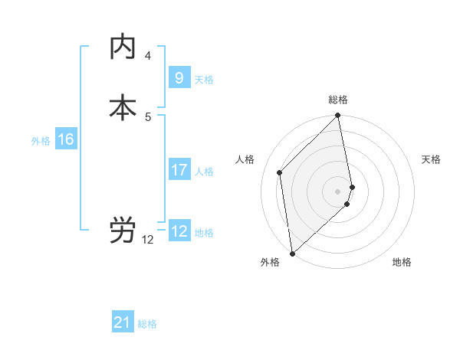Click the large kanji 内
coord(123,47)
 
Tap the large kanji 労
coord(123,231)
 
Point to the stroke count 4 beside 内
coord(148,56)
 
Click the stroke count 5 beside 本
coord(148,116)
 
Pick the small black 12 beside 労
coord(148,240)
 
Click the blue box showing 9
coord(179,77)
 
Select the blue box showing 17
coord(179,169)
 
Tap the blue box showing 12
coord(179,231)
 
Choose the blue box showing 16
coord(66,139)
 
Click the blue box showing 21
coord(123,322)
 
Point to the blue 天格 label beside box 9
coord(204,80)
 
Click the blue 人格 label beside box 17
coord(204,172)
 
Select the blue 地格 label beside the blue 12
coord(204,233)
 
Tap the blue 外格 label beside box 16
coord(41,141)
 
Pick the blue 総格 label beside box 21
coord(147,325)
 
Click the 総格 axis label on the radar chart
coord(338,100)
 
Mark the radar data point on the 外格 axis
coord(292,253)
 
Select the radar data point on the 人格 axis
coord(280,172)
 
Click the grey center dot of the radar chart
coord(338,191)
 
